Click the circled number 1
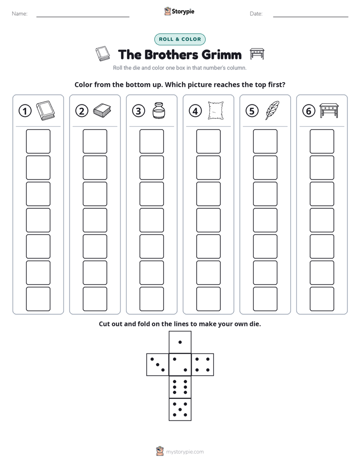click(x=25, y=111)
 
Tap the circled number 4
click(x=195, y=111)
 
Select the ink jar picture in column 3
click(x=159, y=110)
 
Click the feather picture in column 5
click(x=272, y=110)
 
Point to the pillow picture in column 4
click(x=216, y=110)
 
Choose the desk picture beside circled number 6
click(x=329, y=110)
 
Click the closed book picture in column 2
click(x=102, y=110)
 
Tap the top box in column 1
click(x=38, y=141)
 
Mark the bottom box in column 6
click(x=322, y=299)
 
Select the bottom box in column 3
click(x=151, y=299)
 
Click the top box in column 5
click(x=265, y=141)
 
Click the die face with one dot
click(x=180, y=342)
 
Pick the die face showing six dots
click(x=180, y=387)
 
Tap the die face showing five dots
click(x=180, y=409)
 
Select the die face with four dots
click(x=203, y=365)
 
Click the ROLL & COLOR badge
click(x=179, y=39)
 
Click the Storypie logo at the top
click(x=179, y=11)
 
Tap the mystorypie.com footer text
click(x=185, y=452)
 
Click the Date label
click(x=256, y=14)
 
